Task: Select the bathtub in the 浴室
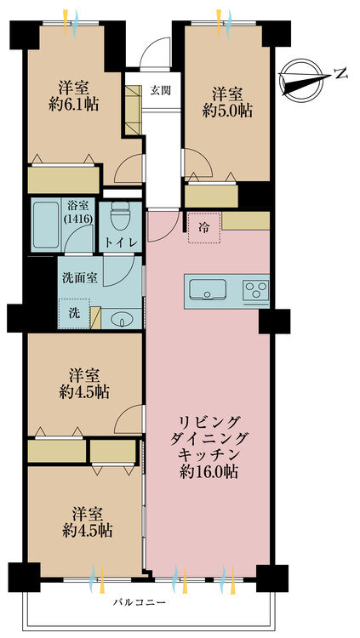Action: tap(46, 225)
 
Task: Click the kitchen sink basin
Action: tap(209, 288)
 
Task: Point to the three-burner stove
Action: tap(256, 291)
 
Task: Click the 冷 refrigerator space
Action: tap(204, 228)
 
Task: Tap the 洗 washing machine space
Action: tap(74, 313)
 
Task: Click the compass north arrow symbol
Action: tap(303, 79)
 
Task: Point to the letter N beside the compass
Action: tap(340, 74)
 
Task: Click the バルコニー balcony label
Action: tap(140, 601)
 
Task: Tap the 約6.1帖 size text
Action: tap(73, 105)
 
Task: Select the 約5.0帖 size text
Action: tap(227, 111)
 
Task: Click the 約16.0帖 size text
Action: tap(209, 472)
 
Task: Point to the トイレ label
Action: tap(121, 242)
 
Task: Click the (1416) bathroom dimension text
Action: tap(79, 218)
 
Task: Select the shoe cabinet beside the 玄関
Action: tap(133, 110)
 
